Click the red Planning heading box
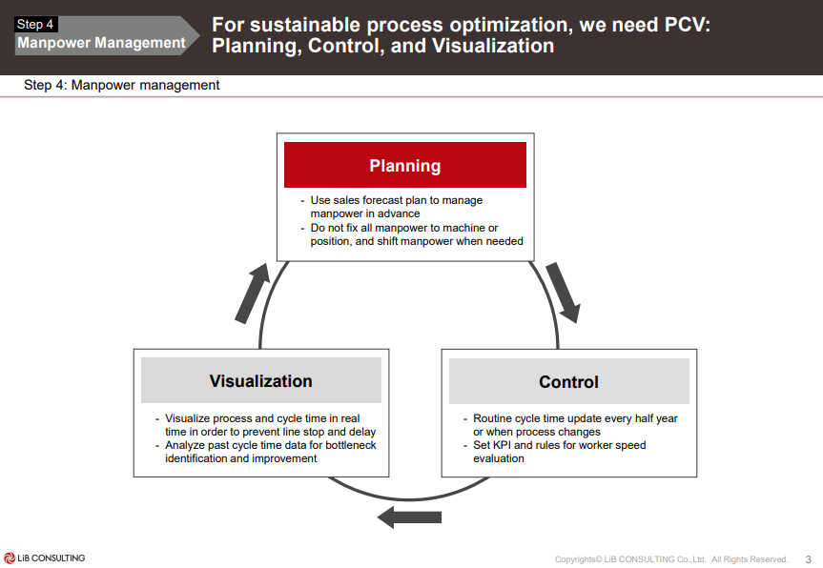click(x=405, y=165)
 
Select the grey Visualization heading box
click(x=260, y=380)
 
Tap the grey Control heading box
click(x=568, y=381)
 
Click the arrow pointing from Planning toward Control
click(x=563, y=292)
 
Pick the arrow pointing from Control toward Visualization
click(x=409, y=517)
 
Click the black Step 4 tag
click(x=36, y=25)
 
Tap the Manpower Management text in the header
click(x=101, y=43)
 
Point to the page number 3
click(x=809, y=559)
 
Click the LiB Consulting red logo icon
click(x=10, y=558)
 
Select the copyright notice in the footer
click(x=671, y=559)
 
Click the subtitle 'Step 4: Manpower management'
click(x=122, y=86)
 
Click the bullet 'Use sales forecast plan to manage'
click(x=397, y=200)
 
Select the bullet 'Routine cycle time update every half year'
click(x=575, y=418)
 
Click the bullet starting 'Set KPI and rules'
click(x=559, y=445)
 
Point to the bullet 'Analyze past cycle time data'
click(x=271, y=445)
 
